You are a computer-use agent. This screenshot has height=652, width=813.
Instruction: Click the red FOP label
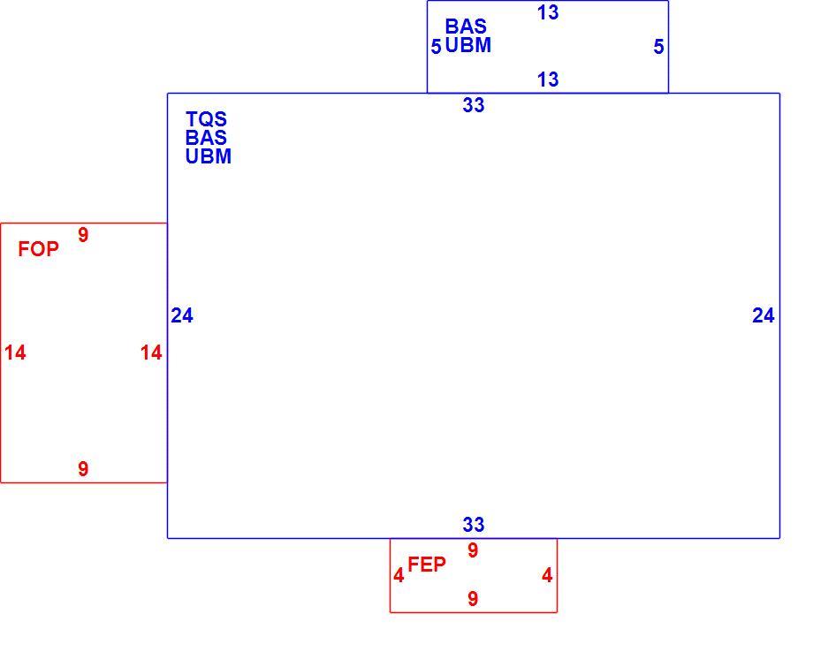pos(38,249)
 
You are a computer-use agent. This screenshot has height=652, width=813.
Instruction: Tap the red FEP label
pos(427,565)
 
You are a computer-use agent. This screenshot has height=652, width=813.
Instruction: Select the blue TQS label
pos(207,119)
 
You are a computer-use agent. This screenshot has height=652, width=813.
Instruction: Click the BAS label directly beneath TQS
pos(207,138)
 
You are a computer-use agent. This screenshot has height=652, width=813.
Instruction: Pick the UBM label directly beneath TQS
pos(209,156)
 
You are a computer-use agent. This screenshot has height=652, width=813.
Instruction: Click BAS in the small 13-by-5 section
pos(466,27)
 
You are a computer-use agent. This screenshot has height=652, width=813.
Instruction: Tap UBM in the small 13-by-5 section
pos(468,45)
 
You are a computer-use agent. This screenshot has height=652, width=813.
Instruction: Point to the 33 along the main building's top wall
pos(474,105)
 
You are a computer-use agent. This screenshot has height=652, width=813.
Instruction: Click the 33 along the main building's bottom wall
pos(474,525)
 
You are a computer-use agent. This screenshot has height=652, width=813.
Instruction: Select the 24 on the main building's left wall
pos(182,315)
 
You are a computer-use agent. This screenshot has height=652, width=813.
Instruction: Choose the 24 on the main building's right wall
pos(764,315)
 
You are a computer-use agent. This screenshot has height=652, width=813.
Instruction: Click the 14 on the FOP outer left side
pos(15,353)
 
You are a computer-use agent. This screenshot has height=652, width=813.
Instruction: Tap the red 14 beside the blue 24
pos(151,353)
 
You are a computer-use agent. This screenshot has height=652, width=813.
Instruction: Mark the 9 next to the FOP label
pos(83,235)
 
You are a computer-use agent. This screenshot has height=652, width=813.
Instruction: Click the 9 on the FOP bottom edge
pos(83,469)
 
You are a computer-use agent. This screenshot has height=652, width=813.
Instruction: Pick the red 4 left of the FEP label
pos(399,575)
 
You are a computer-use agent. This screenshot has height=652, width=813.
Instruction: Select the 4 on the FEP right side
pos(547,575)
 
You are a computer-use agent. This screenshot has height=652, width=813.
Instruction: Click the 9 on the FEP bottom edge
pos(473,599)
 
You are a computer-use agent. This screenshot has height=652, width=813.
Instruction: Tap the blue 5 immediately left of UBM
pos(436,47)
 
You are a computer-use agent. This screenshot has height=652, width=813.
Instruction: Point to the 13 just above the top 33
pos(548,80)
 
